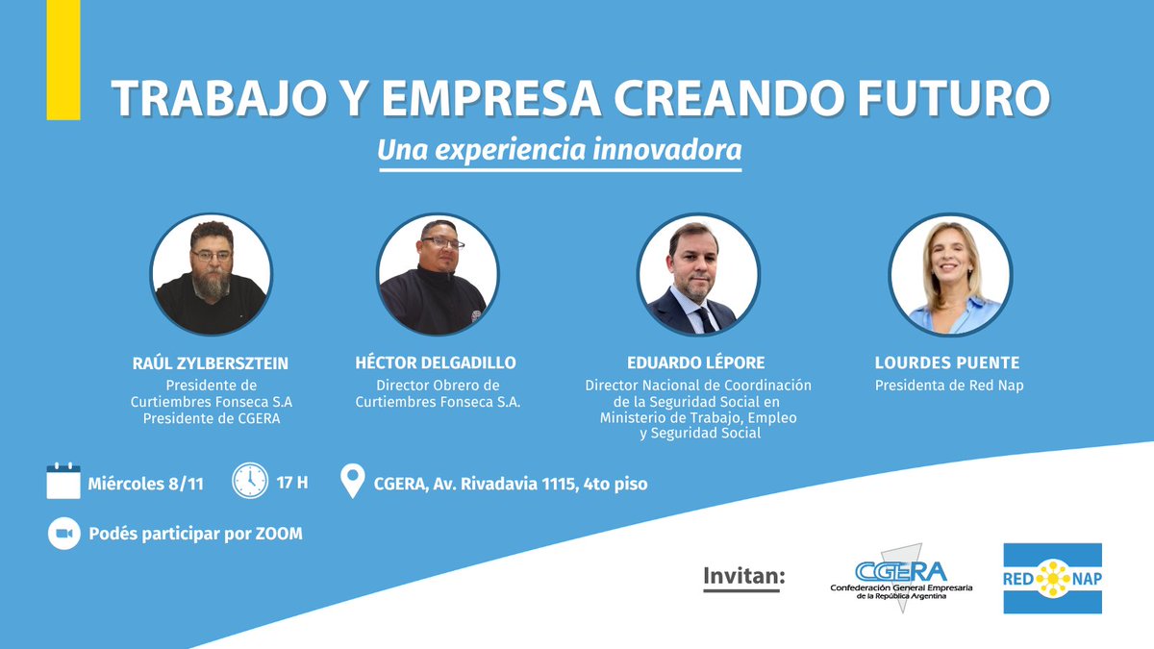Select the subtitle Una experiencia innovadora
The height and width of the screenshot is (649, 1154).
pyautogui.click(x=560, y=151)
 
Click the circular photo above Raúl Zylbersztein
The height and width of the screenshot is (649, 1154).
pyautogui.click(x=211, y=274)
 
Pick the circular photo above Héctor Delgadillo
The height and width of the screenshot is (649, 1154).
pyautogui.click(x=437, y=274)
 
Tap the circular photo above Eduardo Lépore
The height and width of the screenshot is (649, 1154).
pyautogui.click(x=698, y=274)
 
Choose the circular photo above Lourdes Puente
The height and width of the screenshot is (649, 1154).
pyautogui.click(x=949, y=274)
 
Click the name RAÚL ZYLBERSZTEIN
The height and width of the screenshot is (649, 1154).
pyautogui.click(x=211, y=363)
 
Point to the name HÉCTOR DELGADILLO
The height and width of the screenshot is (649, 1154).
pyautogui.click(x=437, y=363)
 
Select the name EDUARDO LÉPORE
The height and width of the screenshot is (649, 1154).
pyautogui.click(x=698, y=363)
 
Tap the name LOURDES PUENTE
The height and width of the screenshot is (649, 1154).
pyautogui.click(x=947, y=363)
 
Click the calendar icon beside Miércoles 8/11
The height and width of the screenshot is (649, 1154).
pyautogui.click(x=63, y=481)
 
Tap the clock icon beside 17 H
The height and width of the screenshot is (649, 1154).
pyautogui.click(x=249, y=482)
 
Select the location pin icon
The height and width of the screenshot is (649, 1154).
pyautogui.click(x=353, y=482)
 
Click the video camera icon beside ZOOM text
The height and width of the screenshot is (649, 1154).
pyautogui.click(x=63, y=533)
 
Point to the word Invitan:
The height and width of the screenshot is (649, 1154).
pyautogui.click(x=744, y=576)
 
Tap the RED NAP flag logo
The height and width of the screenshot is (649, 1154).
pyautogui.click(x=1052, y=578)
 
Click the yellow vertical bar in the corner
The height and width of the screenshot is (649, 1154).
pyautogui.click(x=63, y=59)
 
